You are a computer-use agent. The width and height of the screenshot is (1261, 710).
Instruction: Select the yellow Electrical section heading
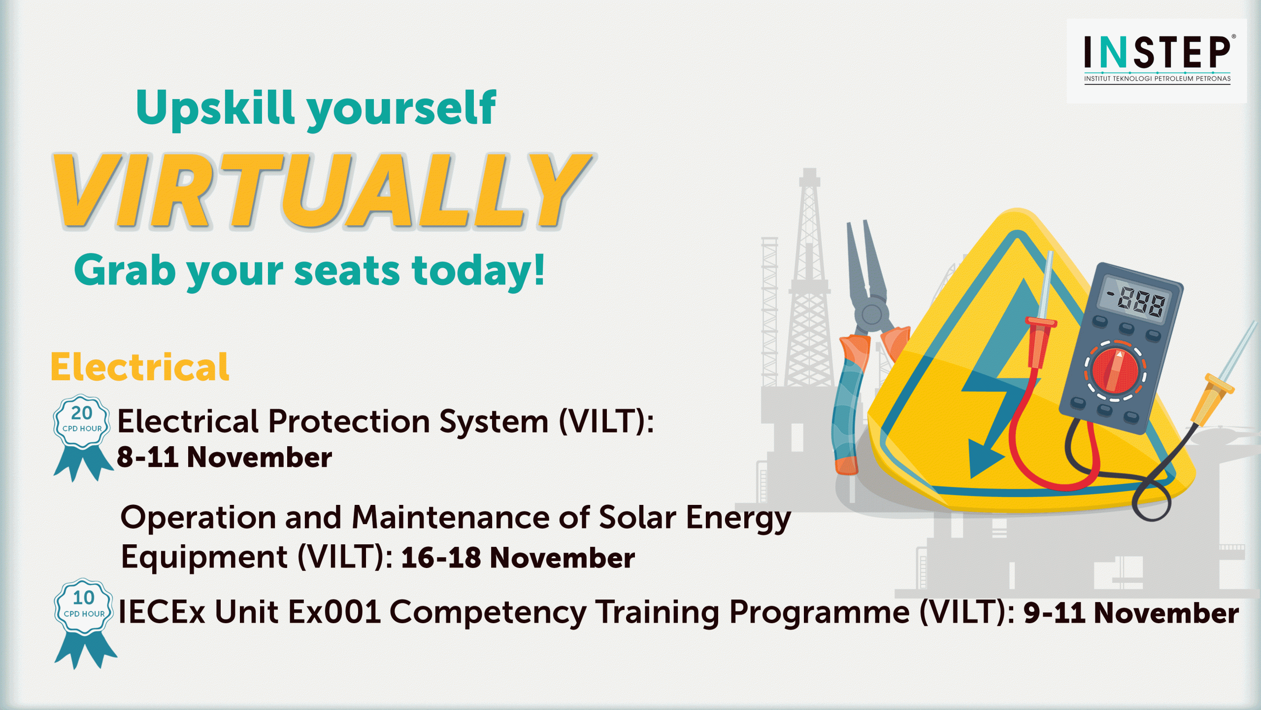pos(140,367)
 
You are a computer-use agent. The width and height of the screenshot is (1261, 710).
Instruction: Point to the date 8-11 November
pos(224,457)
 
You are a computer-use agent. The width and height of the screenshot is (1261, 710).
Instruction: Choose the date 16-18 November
pos(518,558)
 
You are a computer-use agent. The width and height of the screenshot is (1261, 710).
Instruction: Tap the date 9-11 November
pos(1131,613)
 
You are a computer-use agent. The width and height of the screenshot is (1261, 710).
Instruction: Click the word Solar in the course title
pos(637,518)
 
